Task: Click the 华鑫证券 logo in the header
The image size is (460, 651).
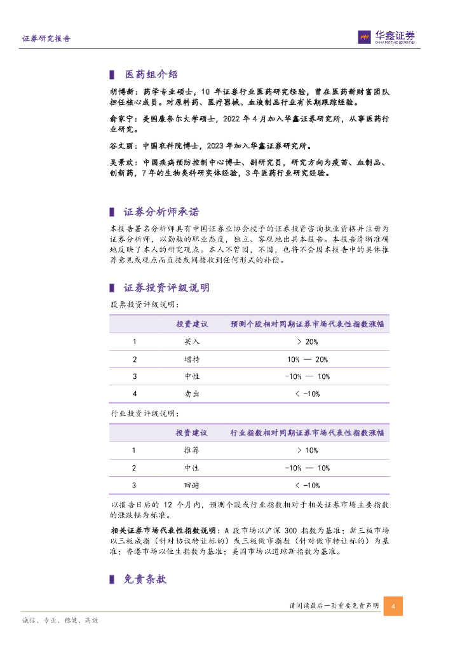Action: point(386,38)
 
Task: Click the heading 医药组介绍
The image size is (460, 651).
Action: point(151,74)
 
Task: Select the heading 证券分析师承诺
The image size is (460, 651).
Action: point(161,212)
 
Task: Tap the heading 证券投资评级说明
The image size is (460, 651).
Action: point(166,288)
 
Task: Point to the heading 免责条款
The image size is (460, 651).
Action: point(145,579)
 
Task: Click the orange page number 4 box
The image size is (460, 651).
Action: point(393,606)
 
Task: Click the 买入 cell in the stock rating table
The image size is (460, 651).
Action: point(192,342)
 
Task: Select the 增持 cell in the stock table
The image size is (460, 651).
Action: point(192,359)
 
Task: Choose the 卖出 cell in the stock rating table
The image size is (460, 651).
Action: point(192,394)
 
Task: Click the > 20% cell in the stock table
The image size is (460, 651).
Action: point(308,342)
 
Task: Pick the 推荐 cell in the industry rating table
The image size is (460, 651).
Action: point(192,451)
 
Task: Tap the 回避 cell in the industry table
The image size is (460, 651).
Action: point(192,486)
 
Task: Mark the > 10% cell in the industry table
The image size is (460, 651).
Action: point(308,451)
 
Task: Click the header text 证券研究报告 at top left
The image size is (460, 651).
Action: point(46,38)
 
